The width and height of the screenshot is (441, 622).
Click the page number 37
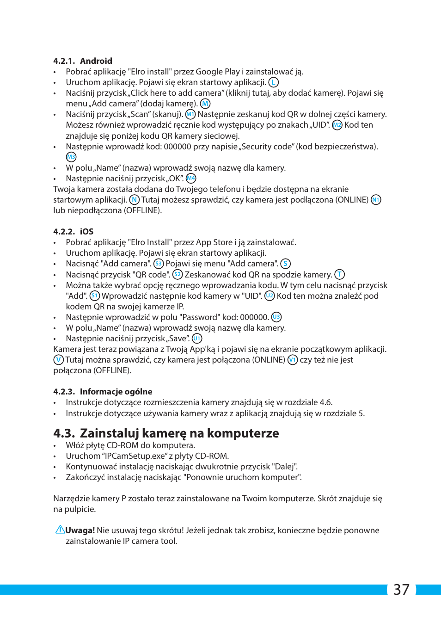point(401,589)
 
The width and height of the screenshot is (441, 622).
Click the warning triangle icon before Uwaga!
point(60,530)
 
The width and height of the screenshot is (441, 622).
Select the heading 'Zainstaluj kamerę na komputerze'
point(179,433)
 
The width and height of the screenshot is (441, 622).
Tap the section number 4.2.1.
point(64,61)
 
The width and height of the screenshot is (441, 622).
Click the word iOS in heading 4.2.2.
point(86,232)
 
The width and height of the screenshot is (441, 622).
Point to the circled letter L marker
point(274,82)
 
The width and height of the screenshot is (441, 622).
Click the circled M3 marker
point(71,157)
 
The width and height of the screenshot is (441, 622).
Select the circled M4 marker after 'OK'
point(191,179)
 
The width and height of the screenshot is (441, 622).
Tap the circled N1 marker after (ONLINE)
point(376,200)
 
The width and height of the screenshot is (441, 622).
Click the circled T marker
point(340,275)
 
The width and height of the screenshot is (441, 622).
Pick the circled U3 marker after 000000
point(276,317)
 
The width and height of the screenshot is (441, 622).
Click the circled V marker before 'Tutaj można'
point(58,360)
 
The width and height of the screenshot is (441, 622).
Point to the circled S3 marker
point(159,264)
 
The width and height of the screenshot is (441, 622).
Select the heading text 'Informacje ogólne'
point(116,392)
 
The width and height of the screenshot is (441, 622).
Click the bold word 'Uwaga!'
point(80,530)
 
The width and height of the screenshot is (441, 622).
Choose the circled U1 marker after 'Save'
point(197,339)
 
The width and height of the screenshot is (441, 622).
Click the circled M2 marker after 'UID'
point(337,125)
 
